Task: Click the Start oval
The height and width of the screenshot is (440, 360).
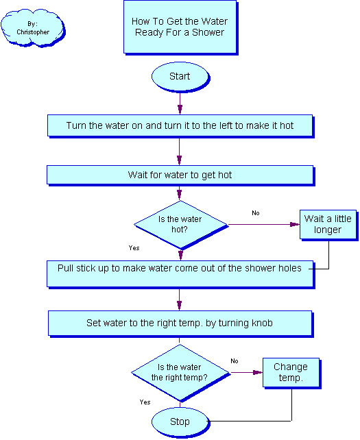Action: [x=180, y=77]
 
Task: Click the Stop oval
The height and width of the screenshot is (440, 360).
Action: [x=180, y=421]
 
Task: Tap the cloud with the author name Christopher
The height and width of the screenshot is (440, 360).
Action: [x=33, y=28]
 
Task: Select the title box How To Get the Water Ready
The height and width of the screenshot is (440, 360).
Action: [x=180, y=27]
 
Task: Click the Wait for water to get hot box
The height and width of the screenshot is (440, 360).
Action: [x=180, y=175]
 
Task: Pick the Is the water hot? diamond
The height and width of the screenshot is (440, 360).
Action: [x=181, y=225]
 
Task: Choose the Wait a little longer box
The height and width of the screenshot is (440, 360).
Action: [x=328, y=225]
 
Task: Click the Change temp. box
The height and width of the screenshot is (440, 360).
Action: [x=291, y=373]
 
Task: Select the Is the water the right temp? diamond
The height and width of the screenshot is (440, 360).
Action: [x=180, y=373]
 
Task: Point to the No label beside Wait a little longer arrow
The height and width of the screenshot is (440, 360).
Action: [x=256, y=213]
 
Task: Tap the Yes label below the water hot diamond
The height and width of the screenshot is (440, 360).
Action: [x=134, y=248]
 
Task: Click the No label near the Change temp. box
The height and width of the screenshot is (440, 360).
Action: [x=235, y=361]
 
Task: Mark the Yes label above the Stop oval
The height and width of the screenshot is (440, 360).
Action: [x=145, y=402]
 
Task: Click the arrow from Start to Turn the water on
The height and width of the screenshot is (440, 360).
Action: [x=180, y=103]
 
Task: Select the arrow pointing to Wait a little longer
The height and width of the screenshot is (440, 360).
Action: [x=264, y=225]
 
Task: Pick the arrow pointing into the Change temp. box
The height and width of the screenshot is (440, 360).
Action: [x=247, y=372]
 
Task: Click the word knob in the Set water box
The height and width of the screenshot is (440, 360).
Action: [x=262, y=323]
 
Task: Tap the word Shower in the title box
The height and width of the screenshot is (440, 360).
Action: [x=208, y=32]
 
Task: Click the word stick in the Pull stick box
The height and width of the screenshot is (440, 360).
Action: [x=84, y=268]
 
